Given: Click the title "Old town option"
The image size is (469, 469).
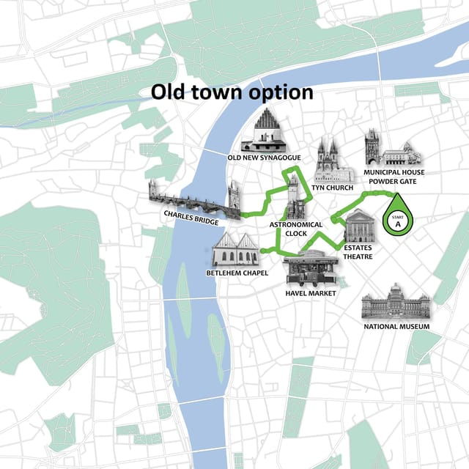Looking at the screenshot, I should click(x=232, y=92).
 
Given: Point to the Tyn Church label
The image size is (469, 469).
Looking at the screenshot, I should click(x=332, y=188).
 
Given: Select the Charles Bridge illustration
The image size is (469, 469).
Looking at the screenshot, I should click(x=194, y=199).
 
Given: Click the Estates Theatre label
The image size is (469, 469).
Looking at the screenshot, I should click(x=358, y=251).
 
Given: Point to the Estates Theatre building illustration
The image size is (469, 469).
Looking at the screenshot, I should click(x=359, y=226).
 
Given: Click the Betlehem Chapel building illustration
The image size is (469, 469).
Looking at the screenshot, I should click(x=236, y=251).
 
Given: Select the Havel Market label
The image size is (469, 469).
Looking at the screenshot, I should click(x=310, y=293).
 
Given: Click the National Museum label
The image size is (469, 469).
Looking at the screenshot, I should click(x=396, y=326).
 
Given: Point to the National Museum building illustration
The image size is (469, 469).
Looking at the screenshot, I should click(x=396, y=302).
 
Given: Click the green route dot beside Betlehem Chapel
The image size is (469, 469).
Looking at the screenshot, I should click(x=262, y=251).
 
